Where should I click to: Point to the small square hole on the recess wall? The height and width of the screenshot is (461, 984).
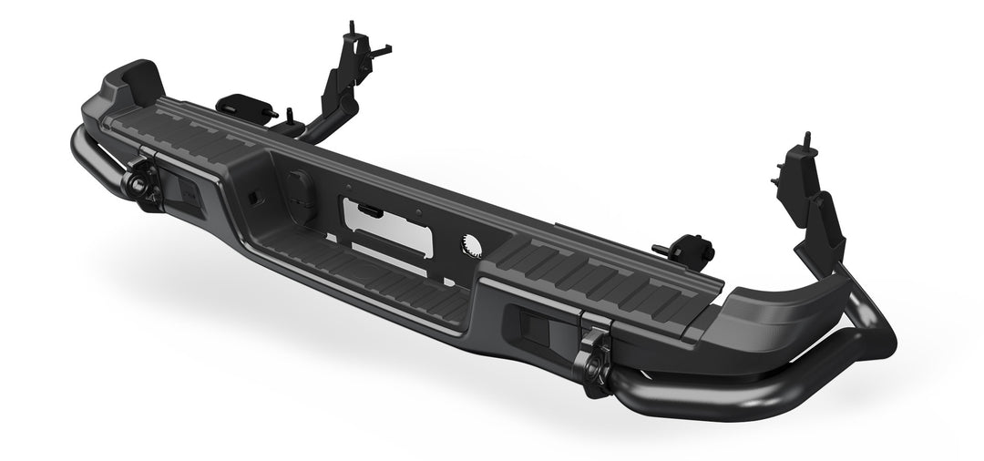click(251, 197)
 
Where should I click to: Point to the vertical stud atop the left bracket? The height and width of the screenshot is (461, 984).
click(350, 27)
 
